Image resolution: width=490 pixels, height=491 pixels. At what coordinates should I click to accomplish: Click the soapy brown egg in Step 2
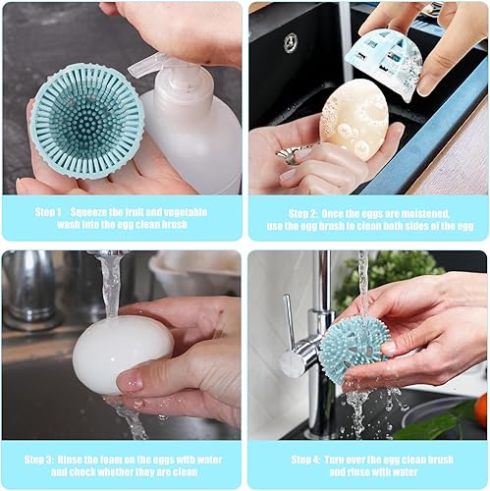coord(354,119)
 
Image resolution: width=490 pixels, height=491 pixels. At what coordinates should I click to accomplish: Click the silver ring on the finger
coord(292,155)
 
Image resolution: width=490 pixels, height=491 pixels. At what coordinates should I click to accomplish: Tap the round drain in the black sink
coord(291,43)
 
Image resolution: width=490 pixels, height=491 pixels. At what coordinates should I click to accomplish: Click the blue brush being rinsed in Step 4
coord(354,349)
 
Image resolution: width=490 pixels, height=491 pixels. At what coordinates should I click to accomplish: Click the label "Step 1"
coord(48,211)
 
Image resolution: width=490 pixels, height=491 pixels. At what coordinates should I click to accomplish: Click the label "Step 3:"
coord(49,458)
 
